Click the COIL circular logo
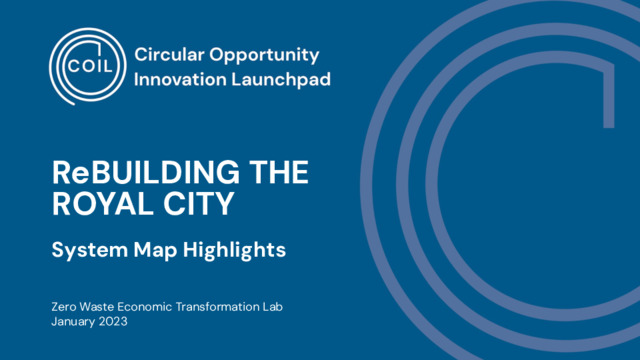click(88, 67)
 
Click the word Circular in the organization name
click(169, 54)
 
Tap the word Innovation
click(180, 79)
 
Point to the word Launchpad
click(281, 79)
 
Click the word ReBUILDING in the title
click(146, 173)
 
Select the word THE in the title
click(279, 173)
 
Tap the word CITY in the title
click(199, 203)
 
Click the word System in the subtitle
click(89, 250)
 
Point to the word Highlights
click(234, 250)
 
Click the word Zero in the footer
click(64, 307)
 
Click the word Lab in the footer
click(273, 307)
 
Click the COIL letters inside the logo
click(89, 66)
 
